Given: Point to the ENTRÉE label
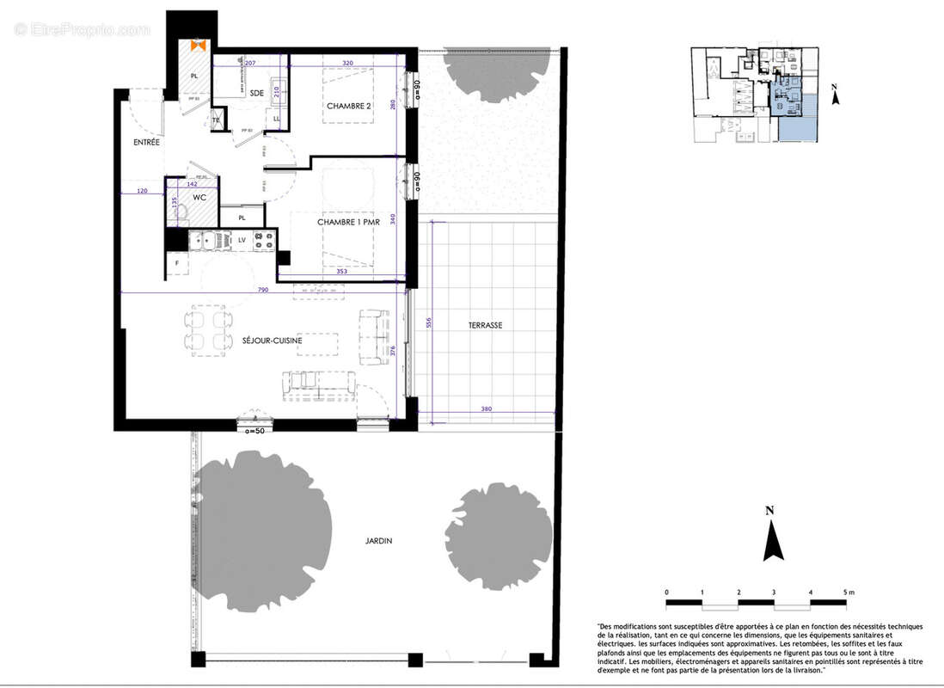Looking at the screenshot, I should [145, 142].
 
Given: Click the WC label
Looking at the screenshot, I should [199, 198].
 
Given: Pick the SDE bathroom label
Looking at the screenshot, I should [255, 93].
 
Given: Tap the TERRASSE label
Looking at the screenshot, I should [485, 325].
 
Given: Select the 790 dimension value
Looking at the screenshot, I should [262, 291].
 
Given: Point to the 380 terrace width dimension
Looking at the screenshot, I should [487, 409].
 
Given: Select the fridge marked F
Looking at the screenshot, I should [178, 263].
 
